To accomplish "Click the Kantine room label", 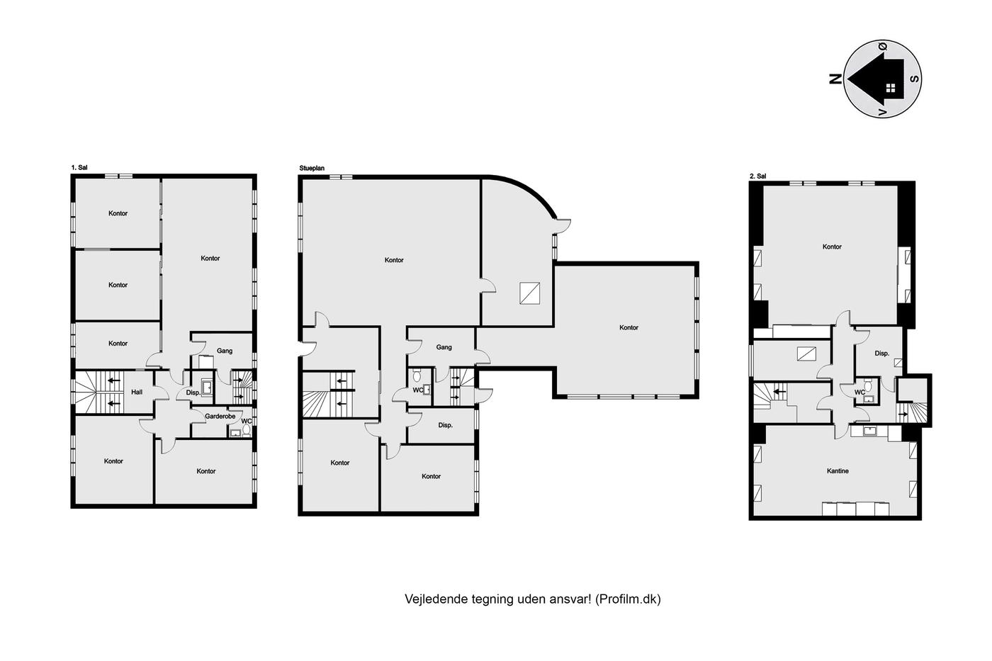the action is click(x=838, y=470).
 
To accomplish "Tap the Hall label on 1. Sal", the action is click(x=137, y=392).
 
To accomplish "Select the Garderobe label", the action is click(x=220, y=416).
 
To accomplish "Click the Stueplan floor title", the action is click(x=312, y=168).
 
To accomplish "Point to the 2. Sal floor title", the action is click(x=757, y=176).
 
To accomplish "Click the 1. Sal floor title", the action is click(x=79, y=167).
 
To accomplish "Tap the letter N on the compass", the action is click(x=835, y=79).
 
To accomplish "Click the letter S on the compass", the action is click(x=914, y=79).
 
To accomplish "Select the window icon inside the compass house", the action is click(x=891, y=88).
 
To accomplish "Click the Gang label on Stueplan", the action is click(x=444, y=347).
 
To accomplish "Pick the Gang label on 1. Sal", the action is click(x=225, y=351).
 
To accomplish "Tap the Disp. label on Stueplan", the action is click(x=446, y=425).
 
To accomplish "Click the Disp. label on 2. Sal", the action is click(x=881, y=354).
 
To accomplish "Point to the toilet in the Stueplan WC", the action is click(x=417, y=376).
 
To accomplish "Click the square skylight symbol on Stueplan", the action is click(x=530, y=293).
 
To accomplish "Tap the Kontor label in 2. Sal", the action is click(x=832, y=247).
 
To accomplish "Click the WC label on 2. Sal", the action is click(x=859, y=392).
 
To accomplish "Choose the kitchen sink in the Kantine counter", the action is click(x=869, y=431).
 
